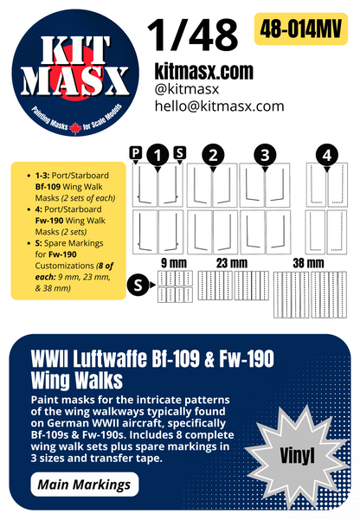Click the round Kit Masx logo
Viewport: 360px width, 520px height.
(x=73, y=74)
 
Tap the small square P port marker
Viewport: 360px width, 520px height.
(x=135, y=152)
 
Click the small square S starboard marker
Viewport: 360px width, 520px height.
(x=179, y=152)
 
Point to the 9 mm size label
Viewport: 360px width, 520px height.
(x=169, y=262)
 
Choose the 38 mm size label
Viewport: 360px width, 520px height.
(x=308, y=262)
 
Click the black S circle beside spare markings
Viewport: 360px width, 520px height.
(x=138, y=282)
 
